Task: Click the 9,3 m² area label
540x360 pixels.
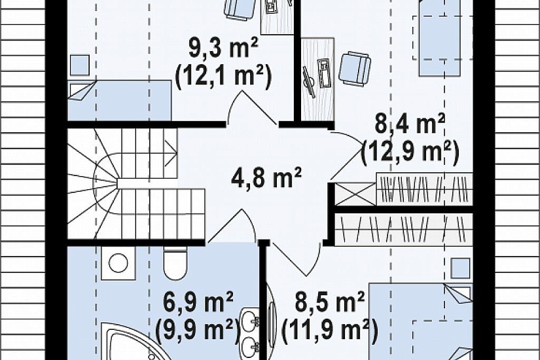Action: pos(223,49)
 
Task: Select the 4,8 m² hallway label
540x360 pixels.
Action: pos(266,177)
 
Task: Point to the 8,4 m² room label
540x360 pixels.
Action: pos(410,123)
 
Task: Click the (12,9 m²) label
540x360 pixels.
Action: pos(410,151)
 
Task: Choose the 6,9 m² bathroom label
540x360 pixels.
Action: pos(199,302)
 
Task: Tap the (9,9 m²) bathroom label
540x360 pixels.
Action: pos(198,330)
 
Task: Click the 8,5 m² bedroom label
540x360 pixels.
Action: pos(330,302)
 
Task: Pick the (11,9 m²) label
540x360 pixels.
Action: pos(330,330)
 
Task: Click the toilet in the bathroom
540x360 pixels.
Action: pos(175,262)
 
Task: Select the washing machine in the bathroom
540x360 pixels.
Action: pos(118,262)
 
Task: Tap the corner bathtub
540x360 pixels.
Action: pos(131,342)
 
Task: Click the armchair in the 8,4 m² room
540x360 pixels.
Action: pos(355,69)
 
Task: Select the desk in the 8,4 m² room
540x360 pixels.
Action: pos(317,79)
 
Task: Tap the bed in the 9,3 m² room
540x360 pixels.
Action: pos(120,101)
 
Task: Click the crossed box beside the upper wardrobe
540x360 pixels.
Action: pos(355,194)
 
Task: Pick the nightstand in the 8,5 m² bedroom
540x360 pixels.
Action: pos(460,268)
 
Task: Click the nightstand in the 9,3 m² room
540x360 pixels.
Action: pos(80,65)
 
